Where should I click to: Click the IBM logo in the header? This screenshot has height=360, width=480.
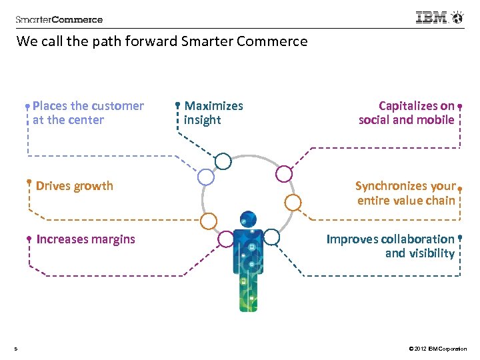click(x=433, y=18)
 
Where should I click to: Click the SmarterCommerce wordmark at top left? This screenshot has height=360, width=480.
click(x=59, y=19)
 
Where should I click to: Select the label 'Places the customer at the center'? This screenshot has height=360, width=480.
click(x=87, y=113)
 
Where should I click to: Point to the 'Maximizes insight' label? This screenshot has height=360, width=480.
click(x=213, y=113)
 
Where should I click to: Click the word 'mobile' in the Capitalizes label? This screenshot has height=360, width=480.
click(x=435, y=120)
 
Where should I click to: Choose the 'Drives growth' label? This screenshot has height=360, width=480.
click(x=75, y=186)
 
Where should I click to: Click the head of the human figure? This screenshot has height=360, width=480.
click(x=248, y=219)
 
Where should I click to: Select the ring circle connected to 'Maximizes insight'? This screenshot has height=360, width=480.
click(x=223, y=161)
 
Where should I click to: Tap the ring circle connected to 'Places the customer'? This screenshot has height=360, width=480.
click(x=206, y=177)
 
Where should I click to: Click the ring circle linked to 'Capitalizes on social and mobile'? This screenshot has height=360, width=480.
click(x=284, y=174)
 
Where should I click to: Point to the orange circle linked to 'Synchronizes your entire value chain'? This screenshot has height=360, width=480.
click(x=293, y=202)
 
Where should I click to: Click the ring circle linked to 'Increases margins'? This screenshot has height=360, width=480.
click(x=226, y=238)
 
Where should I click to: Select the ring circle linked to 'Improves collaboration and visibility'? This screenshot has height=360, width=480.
click(x=271, y=236)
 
